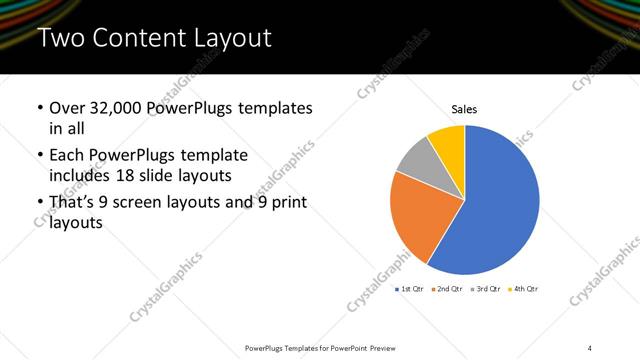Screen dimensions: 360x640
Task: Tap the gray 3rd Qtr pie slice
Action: click(416, 163)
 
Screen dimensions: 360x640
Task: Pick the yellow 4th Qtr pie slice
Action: click(448, 143)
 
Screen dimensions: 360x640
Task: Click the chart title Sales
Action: click(464, 108)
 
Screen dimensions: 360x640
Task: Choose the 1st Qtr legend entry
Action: click(410, 289)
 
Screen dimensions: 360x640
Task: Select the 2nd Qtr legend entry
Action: click(449, 289)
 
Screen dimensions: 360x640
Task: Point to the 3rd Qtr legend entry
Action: click(487, 289)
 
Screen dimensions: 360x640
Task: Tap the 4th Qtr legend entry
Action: click(525, 289)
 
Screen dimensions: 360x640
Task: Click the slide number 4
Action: click(589, 347)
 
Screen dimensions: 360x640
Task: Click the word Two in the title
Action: click(60, 39)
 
